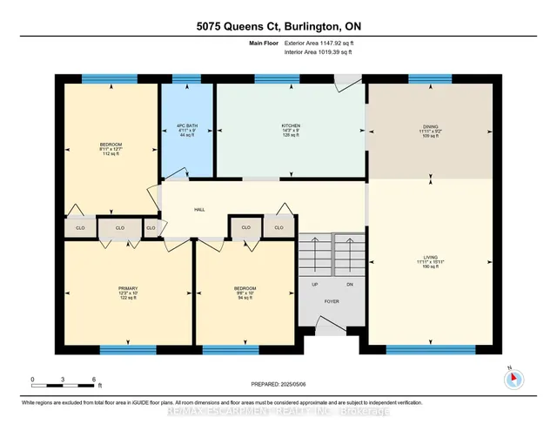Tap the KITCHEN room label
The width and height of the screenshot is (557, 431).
pos(291,126)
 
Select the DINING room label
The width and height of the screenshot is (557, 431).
pos(430,126)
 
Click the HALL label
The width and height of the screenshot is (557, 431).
pos(199,210)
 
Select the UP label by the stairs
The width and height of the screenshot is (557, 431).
pos(314,284)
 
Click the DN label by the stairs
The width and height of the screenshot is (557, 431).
pos(350,284)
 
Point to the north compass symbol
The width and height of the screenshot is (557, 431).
pos(513,378)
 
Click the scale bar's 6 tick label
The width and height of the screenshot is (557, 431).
pos(92,380)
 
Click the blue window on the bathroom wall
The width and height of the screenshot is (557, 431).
pos(185,79)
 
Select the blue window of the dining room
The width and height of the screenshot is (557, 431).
pos(430,79)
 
